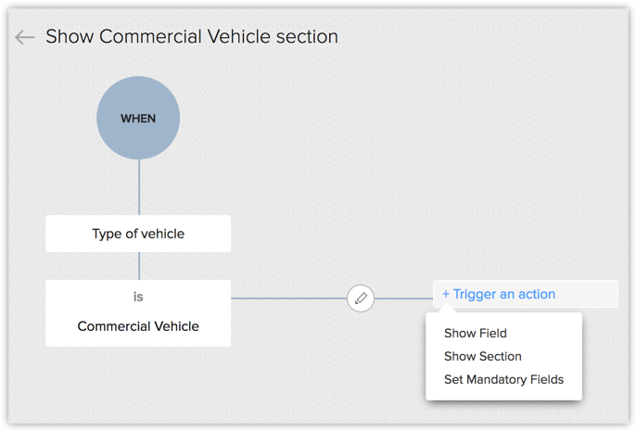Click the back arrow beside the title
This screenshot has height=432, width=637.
pos(24,37)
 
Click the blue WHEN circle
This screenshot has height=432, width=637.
pos(138,118)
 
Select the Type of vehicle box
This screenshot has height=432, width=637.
pos(138,234)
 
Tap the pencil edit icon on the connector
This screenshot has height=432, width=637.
pos(361,299)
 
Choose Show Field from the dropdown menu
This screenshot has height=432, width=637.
pos(476,333)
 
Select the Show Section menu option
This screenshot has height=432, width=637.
pos(483,356)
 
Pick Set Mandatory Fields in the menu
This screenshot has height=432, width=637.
pos(503,379)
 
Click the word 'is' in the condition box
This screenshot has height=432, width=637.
pos(138,298)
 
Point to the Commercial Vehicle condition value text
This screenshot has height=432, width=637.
pos(138,326)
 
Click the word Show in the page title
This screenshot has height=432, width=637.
pos(70,37)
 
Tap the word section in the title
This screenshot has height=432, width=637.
pos(308,37)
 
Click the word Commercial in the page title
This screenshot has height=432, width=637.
pos(148,37)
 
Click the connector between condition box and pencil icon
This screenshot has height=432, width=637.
pos(287,299)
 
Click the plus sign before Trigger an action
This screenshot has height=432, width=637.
pos(446,294)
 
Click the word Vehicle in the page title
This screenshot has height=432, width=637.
pos(238,37)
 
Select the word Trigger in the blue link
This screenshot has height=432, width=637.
pos(475,294)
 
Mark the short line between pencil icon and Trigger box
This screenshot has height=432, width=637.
pos(403,299)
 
